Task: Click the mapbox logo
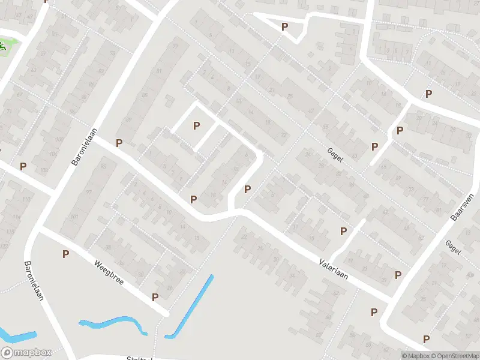[x=26, y=353]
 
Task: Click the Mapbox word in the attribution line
[x=415, y=356]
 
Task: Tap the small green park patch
[x=5, y=46]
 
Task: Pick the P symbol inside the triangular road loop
[x=285, y=27]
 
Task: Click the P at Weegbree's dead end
[x=155, y=297]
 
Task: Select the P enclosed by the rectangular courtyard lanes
[x=196, y=125]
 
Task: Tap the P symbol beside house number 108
[x=23, y=166]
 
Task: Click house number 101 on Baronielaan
[x=73, y=217]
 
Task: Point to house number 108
[x=43, y=170]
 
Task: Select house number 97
[x=89, y=192]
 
